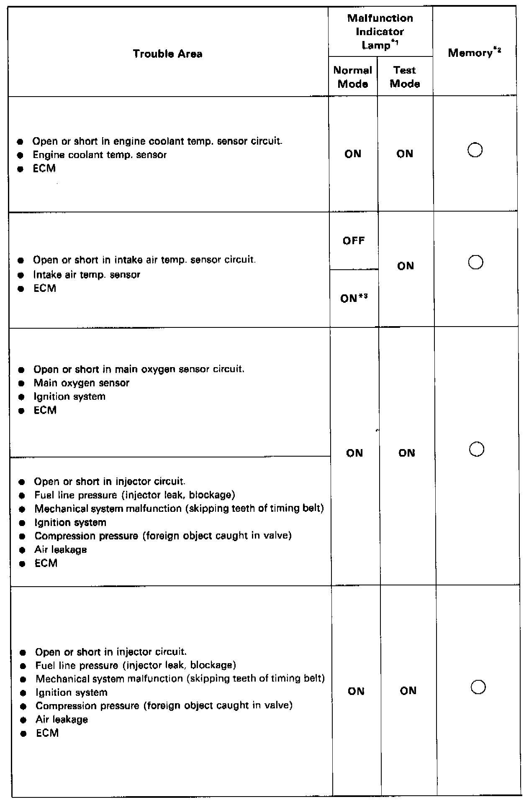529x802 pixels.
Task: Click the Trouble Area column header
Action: coord(167,54)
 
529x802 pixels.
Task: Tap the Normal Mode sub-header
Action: coord(353,77)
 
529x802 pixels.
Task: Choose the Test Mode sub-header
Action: coord(405,77)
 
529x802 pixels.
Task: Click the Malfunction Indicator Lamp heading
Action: coord(380,31)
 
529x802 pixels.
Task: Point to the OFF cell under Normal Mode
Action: coord(354,241)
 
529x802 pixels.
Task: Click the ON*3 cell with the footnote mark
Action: coord(354,299)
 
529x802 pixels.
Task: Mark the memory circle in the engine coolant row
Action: coord(475,150)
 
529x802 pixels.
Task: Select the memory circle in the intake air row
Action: coord(476,263)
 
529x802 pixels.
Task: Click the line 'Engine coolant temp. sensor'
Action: coord(100,155)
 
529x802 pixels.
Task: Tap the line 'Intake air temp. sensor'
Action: coord(87,275)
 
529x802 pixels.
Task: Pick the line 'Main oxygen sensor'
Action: coord(82,383)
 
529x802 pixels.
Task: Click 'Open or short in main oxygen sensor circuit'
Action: coord(139,369)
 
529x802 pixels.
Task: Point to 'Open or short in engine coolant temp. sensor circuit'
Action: coord(157,141)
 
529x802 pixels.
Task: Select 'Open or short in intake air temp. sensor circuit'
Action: coord(144,260)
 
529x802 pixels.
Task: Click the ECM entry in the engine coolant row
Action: coord(44,169)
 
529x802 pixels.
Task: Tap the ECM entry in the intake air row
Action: coord(45,289)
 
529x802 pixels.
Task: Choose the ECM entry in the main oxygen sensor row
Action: coord(45,410)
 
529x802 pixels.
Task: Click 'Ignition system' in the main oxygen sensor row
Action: coord(69,396)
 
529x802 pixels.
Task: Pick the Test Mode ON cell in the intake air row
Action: coord(406,266)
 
